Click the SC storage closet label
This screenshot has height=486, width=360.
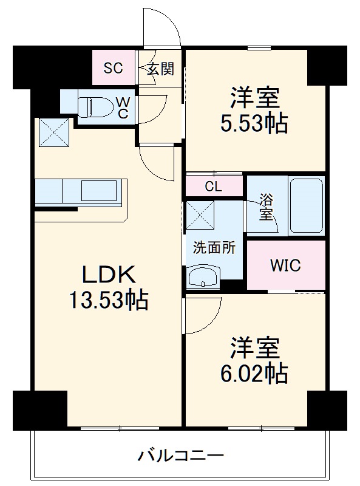pos(113,68)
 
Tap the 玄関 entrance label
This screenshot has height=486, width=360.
pos(160,68)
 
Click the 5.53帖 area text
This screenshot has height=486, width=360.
pos(254,124)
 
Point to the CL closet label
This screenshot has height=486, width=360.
pos(213,187)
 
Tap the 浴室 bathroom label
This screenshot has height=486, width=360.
pos(266,208)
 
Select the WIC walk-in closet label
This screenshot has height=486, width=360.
pos(285,265)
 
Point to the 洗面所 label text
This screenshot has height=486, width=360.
pos(210,247)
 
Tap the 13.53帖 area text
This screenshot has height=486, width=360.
pos(107,300)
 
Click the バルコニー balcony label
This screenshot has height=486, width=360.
pos(181,454)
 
